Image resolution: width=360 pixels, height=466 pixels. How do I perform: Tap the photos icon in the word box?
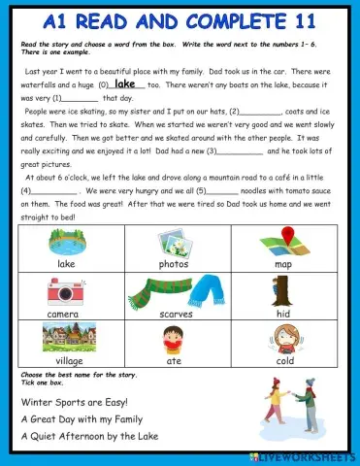tap(175, 241)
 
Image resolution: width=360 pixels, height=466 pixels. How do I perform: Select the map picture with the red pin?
tap(282, 241)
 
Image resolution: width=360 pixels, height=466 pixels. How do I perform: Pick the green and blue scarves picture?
tap(175, 289)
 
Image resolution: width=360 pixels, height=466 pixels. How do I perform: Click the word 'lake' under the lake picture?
tap(66, 263)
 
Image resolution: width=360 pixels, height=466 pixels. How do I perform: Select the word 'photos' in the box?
tap(175, 263)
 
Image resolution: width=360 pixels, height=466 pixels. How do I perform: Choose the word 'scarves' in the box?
tap(175, 314)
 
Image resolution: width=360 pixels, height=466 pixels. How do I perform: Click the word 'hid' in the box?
tap(282, 314)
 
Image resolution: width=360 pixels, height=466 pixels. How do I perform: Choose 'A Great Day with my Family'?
tap(85, 419)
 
